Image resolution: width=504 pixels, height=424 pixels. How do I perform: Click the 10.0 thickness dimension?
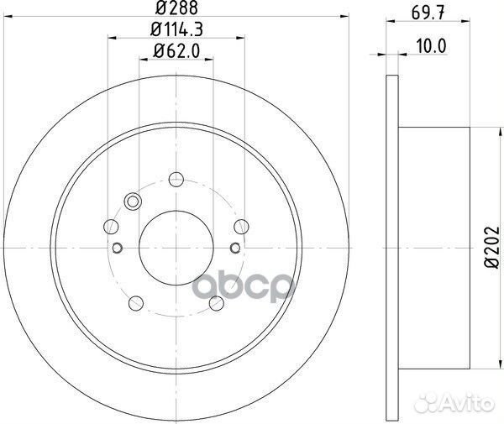(x=431, y=49)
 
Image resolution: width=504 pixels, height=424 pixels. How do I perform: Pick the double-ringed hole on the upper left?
(x=132, y=201)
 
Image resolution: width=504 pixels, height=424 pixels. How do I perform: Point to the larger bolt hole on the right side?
(x=242, y=225)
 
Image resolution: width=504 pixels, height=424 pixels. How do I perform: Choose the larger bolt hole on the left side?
(x=111, y=225)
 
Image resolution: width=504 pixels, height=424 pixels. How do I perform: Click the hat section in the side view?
(x=433, y=248)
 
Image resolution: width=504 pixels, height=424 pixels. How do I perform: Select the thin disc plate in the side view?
(x=391, y=248)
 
